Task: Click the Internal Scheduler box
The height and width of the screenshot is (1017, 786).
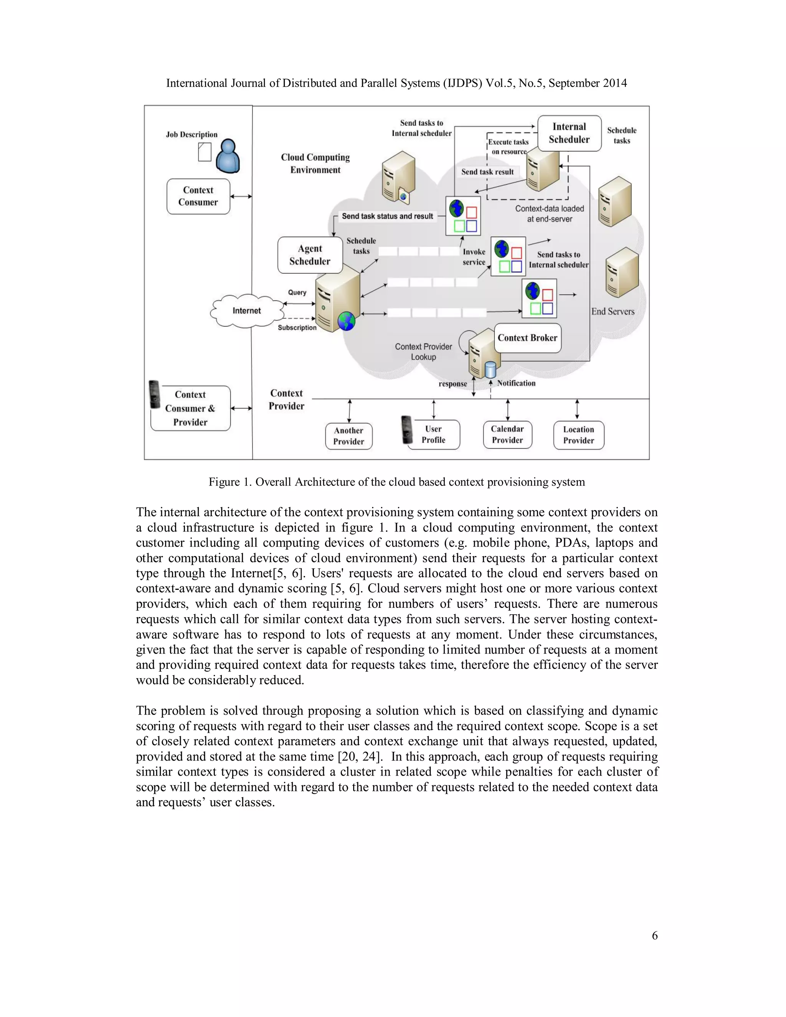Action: (x=569, y=133)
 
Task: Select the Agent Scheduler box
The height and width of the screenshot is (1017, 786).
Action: (x=310, y=255)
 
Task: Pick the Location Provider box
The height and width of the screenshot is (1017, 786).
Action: (x=578, y=435)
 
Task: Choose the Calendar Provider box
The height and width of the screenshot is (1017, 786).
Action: (x=507, y=434)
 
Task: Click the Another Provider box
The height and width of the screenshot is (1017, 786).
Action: (x=348, y=436)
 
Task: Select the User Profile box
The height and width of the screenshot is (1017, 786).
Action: (x=434, y=434)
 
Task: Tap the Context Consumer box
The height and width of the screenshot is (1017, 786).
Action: (x=198, y=196)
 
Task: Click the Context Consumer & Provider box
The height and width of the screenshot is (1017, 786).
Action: (x=190, y=408)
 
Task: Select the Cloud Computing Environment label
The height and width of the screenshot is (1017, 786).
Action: (x=315, y=163)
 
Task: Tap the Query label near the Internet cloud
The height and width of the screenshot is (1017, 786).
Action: (x=297, y=292)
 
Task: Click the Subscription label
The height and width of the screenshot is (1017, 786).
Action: (x=297, y=327)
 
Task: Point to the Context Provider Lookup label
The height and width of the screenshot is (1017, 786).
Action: (x=423, y=352)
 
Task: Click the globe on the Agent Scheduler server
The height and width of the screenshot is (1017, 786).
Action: (x=347, y=321)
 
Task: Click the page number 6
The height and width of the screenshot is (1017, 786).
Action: (x=654, y=936)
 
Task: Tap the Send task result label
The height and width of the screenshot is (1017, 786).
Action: (x=487, y=172)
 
